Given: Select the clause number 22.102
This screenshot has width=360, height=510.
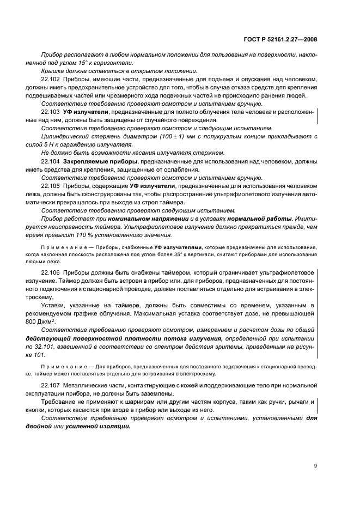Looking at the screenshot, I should pos(51,80).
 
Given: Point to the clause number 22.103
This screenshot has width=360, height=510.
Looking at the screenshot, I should pos(51,112).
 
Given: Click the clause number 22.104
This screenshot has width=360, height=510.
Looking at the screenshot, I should pos(51,162).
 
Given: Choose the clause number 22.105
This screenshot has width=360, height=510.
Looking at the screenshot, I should pos(51,186).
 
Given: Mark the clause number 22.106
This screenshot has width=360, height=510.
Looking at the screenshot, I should pos(51,271).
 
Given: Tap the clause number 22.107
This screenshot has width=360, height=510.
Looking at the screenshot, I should pos(51,385).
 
